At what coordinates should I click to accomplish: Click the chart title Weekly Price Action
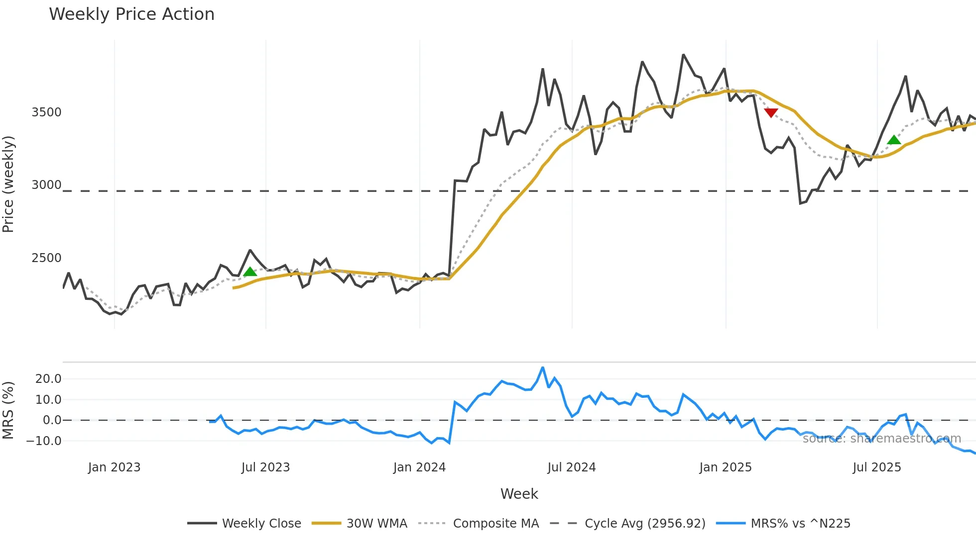tap(131, 14)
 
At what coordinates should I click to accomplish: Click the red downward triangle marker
tap(771, 113)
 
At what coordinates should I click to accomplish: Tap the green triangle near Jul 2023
tap(250, 272)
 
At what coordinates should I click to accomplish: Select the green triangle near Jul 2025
tap(894, 140)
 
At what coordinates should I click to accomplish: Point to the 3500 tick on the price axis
tap(46, 112)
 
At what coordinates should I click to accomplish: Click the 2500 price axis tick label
tap(46, 258)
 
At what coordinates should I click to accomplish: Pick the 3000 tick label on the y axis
tap(46, 185)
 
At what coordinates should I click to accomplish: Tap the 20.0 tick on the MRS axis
tap(48, 379)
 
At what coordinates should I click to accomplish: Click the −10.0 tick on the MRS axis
tap(44, 441)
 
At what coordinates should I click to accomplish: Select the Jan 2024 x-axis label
tap(419, 467)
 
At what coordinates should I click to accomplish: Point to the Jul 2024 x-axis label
tap(572, 467)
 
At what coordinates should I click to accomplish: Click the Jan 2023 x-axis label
tap(115, 467)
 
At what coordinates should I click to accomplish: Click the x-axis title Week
tap(519, 494)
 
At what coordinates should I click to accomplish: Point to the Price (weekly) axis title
tap(8, 184)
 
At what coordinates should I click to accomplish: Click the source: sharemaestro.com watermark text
tap(881, 439)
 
